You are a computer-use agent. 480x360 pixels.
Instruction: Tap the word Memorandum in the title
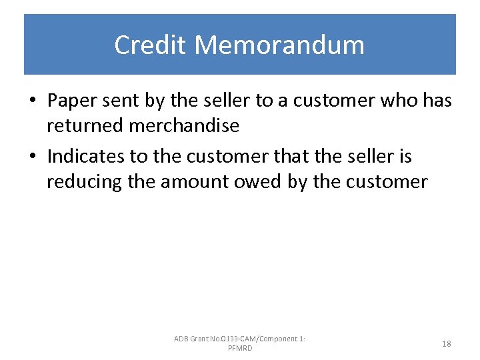point(280,45)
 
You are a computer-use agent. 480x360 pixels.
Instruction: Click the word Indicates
point(86,157)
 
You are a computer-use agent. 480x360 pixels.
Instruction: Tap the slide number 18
point(446,344)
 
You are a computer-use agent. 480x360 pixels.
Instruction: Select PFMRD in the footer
point(240,349)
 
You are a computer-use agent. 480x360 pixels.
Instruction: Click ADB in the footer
point(181,339)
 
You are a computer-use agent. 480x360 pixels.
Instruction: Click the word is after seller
point(405,157)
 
